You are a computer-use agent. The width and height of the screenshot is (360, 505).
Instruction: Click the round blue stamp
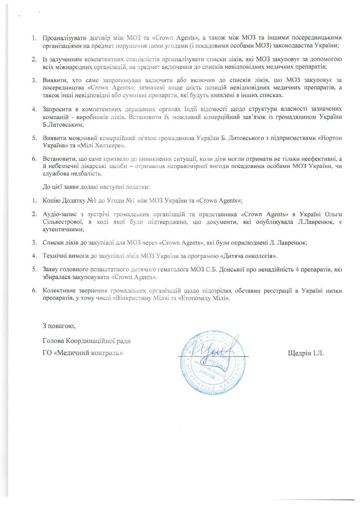pyautogui.click(x=211, y=362)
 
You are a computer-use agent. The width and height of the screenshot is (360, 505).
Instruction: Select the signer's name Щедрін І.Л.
pyautogui.click(x=306, y=353)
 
